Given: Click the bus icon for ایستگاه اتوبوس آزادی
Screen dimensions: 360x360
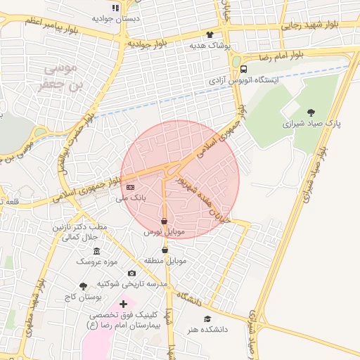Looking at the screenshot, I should pos(244,69).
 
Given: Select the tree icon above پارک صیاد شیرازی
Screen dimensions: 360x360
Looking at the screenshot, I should pos(311,111).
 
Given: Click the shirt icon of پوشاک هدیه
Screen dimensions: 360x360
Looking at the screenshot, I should pos(210,34).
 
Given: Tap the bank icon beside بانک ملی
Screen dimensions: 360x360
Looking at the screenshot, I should pos(130,188).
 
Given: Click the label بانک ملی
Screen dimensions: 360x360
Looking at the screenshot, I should pos(131,199).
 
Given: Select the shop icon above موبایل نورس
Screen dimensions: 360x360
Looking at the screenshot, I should pos(165,221).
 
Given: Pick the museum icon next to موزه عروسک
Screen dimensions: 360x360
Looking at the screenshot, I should pos(96,251).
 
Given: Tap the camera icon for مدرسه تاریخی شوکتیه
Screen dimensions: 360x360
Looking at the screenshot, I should pos(131,273).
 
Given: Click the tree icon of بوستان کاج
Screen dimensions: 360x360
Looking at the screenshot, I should pos(84,286).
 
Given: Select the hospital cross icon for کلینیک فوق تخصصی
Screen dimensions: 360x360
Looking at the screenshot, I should pos(123,304).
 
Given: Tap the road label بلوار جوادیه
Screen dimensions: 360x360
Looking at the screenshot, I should pos(147,44).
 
